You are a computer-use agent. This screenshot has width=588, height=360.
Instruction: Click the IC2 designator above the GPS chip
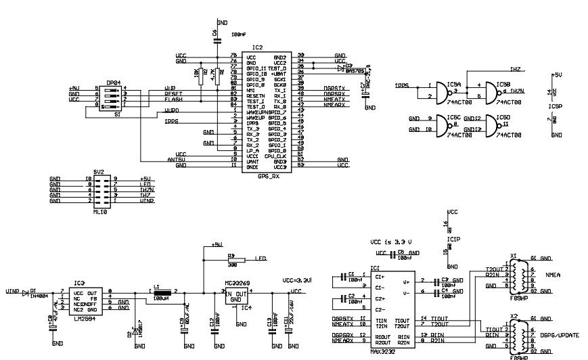pos(256,47)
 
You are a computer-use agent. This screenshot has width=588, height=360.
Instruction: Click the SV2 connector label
pos(99,173)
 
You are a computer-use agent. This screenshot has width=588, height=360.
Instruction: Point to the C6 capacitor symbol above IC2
pos(217,40)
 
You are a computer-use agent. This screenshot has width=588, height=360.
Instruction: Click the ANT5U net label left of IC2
pos(176,159)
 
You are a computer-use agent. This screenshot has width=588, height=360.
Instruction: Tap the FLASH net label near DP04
pos(174,100)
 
